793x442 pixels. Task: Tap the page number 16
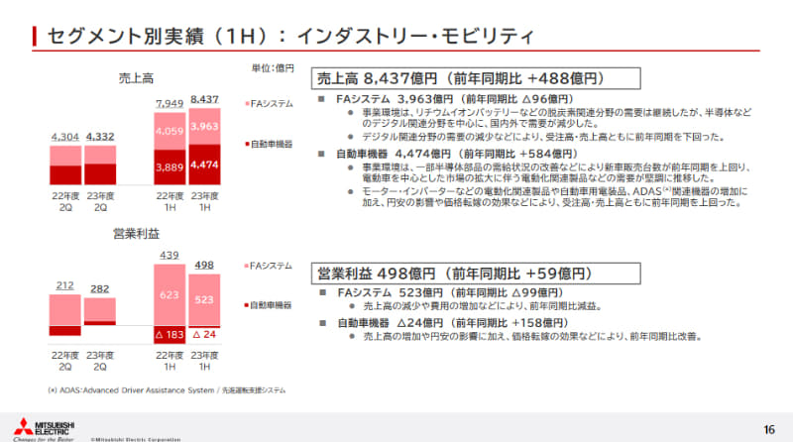pos(769,428)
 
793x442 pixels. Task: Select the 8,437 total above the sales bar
pos(205,100)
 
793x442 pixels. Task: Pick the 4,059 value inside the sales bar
pos(170,129)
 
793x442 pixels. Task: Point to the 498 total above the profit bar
pos(205,265)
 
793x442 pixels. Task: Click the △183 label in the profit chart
pos(170,334)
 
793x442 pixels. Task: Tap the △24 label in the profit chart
pos(205,334)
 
